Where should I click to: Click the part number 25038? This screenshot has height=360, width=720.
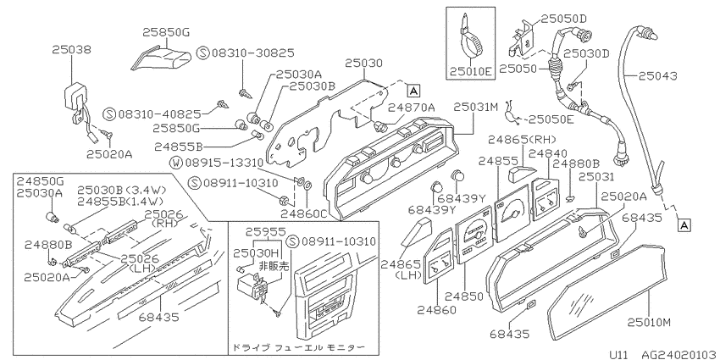pos(71,49)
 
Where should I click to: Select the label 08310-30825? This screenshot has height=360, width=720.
pos(253,53)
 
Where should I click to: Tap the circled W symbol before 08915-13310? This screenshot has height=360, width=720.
pos(176,162)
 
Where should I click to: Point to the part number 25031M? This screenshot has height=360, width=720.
pos(476,107)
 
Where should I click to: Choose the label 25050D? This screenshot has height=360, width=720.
pos(564,19)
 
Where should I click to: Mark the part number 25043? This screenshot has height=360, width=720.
pos(657,75)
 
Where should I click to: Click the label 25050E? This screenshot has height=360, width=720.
pos(551,119)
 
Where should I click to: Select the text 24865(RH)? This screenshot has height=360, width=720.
pos(522,139)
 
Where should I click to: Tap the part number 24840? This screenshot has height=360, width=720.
pos(548,153)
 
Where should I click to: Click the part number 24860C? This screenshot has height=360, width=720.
pos(303,213)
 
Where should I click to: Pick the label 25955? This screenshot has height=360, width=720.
pos(265,232)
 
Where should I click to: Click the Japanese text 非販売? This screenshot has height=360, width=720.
pos(274,265)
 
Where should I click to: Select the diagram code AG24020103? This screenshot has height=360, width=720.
pos(678,354)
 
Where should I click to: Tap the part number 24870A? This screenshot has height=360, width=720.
pos(411,107)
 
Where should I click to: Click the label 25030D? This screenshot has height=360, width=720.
pos(586,53)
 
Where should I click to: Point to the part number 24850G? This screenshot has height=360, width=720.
pos(40,182)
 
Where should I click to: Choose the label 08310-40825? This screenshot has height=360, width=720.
pos(159,114)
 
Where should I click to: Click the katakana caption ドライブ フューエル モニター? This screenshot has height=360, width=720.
pos(298,347)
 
